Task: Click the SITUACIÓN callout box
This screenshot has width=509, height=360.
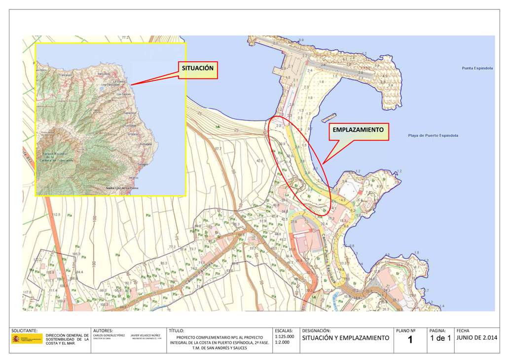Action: pos(198,69)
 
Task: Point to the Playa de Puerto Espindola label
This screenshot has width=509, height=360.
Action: pos(433,135)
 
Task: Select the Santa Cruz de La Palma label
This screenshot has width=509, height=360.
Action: pos(122,188)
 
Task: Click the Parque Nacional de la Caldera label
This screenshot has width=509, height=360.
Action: pos(58,157)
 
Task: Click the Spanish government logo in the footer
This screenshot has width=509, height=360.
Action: pos(27,339)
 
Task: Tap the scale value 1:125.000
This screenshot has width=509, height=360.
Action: pos(284,337)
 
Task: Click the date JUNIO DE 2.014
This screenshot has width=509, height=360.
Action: pos(477,338)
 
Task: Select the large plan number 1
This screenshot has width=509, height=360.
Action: pos(410,339)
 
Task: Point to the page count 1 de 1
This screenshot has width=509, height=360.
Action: pos(440,338)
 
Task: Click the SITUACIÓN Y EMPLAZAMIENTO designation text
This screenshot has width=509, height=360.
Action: pos(345,338)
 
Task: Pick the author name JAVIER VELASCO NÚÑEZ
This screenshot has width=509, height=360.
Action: pos(146,335)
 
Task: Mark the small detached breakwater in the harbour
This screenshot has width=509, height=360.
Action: pos(328,117)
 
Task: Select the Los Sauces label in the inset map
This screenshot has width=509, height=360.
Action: pos(123,94)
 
